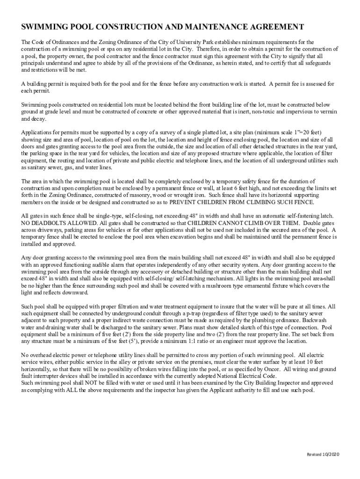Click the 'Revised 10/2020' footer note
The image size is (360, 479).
pos(323,455)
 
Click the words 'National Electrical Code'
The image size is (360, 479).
pos(245,376)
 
